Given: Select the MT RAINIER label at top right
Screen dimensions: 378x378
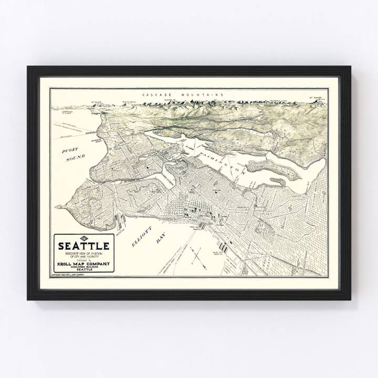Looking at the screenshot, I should pyautogui.click(x=318, y=98).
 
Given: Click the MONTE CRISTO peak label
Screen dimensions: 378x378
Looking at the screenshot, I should pyautogui.click(x=129, y=102).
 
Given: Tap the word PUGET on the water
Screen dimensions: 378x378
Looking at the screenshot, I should pyautogui.click(x=70, y=150).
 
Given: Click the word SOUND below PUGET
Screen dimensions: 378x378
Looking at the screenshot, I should pyautogui.click(x=75, y=157).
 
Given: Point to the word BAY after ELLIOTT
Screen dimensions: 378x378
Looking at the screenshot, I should pyautogui.click(x=161, y=240).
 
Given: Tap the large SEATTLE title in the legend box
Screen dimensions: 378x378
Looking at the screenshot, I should pyautogui.click(x=84, y=246).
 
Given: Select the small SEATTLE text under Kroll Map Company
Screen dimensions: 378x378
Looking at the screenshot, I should pyautogui.click(x=84, y=269).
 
